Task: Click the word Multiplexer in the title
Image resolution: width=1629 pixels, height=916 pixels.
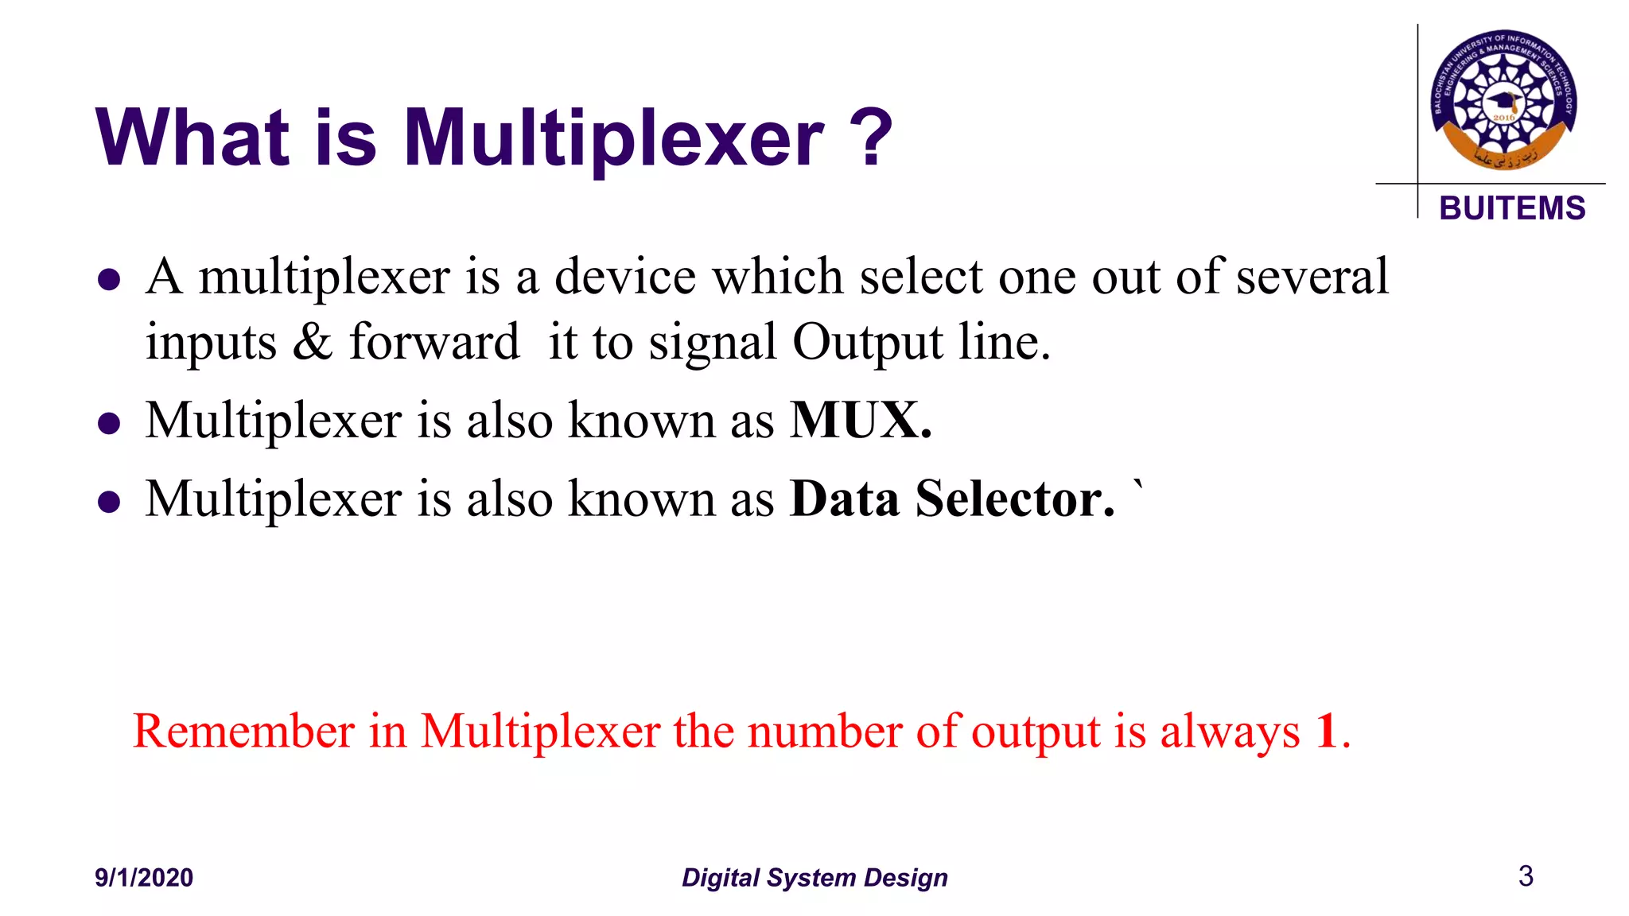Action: (614, 138)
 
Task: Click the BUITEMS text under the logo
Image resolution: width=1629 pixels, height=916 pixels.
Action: (1512, 208)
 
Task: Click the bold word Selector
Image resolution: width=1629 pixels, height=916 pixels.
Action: (1015, 499)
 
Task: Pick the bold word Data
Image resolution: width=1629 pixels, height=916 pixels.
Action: (845, 499)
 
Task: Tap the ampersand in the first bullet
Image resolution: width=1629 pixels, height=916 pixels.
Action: (313, 342)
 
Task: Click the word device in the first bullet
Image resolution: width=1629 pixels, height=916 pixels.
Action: (625, 277)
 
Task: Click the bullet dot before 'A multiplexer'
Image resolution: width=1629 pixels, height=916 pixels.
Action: (109, 280)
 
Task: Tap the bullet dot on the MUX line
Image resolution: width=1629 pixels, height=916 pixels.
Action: (109, 424)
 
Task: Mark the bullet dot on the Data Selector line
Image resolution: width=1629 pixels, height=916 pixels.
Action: (109, 503)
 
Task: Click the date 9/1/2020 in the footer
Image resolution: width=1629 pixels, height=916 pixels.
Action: (144, 877)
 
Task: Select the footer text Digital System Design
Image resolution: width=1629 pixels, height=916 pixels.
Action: (814, 877)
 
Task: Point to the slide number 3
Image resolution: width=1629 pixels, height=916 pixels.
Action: (1526, 875)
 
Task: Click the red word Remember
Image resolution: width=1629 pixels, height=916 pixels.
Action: (243, 731)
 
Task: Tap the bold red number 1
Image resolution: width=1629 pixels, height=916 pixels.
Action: (1326, 731)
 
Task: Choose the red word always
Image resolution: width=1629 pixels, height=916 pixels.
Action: (1230, 732)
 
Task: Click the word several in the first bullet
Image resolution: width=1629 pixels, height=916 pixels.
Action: (1312, 277)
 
